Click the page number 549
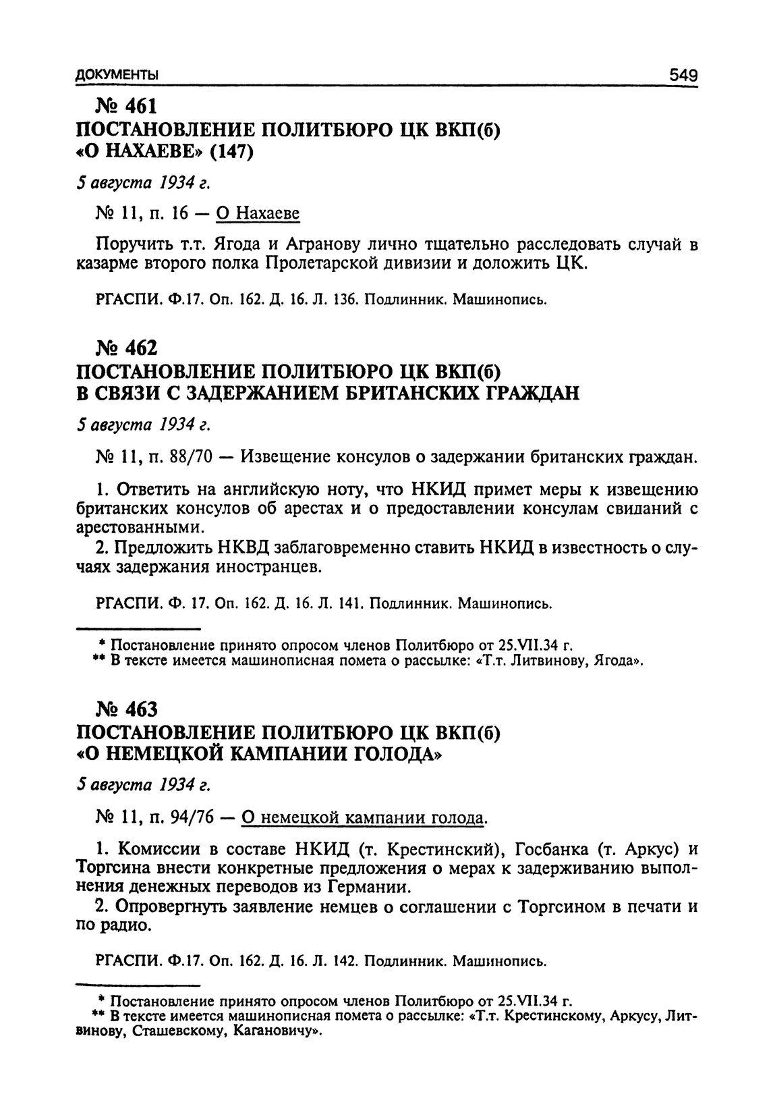click(x=682, y=75)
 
